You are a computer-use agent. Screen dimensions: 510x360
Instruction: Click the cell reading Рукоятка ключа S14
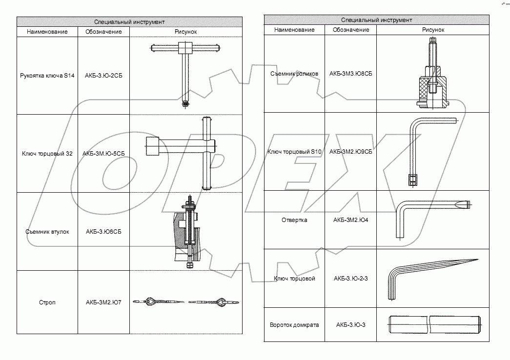(x=47, y=76)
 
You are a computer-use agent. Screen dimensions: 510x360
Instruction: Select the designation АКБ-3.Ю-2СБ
(x=104, y=76)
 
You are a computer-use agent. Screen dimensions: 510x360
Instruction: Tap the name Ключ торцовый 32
(x=47, y=154)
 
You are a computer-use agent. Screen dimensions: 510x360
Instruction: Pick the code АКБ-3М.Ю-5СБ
(x=104, y=154)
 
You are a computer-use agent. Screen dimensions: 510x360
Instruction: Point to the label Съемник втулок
(x=47, y=232)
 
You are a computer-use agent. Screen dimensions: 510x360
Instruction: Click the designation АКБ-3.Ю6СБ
(x=104, y=232)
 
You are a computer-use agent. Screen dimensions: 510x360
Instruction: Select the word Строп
(x=47, y=302)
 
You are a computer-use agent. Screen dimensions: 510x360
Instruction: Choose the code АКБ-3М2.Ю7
(x=104, y=302)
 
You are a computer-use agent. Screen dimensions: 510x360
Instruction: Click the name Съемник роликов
(x=294, y=74)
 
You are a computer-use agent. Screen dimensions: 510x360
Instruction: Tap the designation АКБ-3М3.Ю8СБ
(x=350, y=74)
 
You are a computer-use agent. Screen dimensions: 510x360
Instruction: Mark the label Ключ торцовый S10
(x=294, y=152)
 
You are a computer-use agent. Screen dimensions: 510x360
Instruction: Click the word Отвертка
(x=294, y=220)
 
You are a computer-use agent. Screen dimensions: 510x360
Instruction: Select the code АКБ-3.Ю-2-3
(x=350, y=279)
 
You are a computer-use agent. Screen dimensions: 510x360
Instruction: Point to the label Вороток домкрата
(x=294, y=325)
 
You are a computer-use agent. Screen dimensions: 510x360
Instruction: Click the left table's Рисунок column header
(x=186, y=32)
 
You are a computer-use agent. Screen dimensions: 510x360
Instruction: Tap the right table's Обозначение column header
(x=350, y=30)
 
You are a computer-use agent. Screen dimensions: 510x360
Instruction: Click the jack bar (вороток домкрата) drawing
(x=434, y=324)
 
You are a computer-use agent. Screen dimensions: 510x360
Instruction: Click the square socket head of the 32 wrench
(x=152, y=146)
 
